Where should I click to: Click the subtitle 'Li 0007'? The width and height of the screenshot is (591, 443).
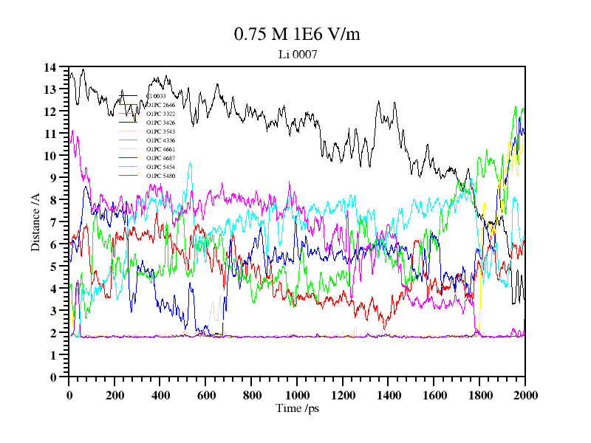[297, 54]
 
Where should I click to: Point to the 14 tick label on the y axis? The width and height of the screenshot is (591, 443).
[49, 67]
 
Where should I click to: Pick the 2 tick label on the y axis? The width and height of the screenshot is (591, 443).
[53, 333]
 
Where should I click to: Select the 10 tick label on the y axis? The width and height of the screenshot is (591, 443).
[49, 156]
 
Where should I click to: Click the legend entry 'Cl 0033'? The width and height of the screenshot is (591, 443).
[156, 96]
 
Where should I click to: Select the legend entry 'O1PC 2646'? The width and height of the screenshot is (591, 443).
[160, 105]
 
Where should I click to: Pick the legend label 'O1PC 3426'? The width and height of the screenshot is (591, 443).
[160, 123]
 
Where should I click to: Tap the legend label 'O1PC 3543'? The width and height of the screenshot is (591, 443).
[160, 131]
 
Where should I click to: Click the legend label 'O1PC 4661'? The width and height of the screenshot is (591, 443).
[160, 149]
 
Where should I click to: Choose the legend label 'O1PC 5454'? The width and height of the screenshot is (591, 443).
[160, 167]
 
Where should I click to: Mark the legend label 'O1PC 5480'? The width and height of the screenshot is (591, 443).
[160, 176]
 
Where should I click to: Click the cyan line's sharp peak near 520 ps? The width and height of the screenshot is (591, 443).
[190, 164]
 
